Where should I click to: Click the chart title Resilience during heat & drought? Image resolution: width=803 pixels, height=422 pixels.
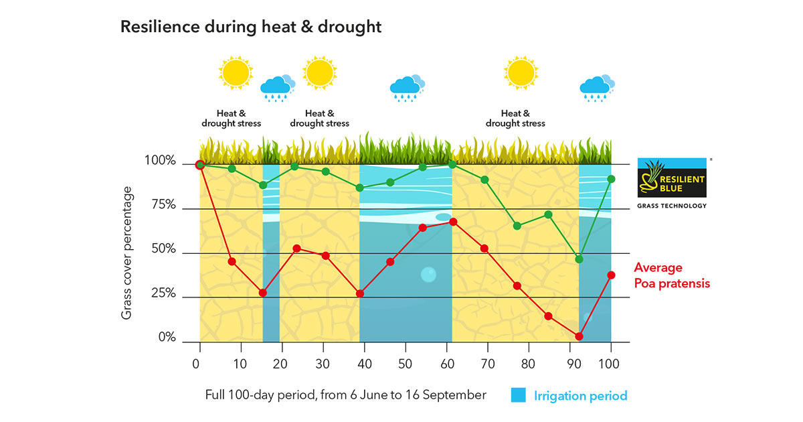point(250,27)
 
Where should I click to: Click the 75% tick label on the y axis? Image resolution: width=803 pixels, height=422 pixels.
point(160,206)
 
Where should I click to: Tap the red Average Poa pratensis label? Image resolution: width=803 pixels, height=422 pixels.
point(671,275)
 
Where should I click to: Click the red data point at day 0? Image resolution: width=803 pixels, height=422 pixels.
point(199,165)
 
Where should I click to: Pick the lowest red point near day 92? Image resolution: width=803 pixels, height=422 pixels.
point(579,336)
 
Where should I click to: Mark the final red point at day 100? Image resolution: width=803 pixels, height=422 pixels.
point(611,275)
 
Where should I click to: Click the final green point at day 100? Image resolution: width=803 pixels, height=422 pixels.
point(611,179)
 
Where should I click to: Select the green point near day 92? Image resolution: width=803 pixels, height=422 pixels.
point(579,259)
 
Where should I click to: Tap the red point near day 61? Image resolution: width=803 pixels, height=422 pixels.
point(453,222)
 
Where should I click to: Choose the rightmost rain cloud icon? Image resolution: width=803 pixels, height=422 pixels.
point(595,88)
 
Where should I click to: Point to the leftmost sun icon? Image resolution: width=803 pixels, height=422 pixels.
point(235,73)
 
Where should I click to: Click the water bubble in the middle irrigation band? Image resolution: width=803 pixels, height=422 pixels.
point(428,275)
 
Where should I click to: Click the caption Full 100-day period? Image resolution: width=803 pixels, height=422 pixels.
point(345,395)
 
